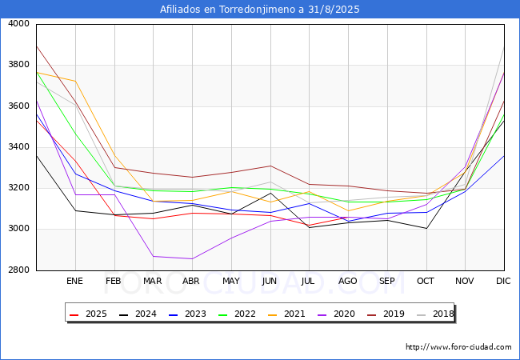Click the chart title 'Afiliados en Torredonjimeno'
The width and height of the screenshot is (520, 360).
(x=260, y=10)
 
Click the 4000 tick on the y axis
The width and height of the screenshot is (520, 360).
(x=18, y=24)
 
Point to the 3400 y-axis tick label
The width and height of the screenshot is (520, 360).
(x=18, y=147)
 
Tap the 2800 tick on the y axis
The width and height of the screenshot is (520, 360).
(x=18, y=270)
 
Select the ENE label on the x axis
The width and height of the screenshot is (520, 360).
(x=74, y=282)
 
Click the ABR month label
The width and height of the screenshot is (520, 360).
(x=191, y=282)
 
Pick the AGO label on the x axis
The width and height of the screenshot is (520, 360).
(x=348, y=282)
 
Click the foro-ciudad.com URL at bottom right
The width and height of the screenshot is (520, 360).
(x=458, y=347)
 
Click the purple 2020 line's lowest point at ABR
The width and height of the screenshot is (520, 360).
(x=191, y=258)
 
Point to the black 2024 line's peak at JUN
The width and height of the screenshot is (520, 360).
(x=270, y=194)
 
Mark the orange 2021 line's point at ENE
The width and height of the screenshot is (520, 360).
(x=75, y=81)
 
